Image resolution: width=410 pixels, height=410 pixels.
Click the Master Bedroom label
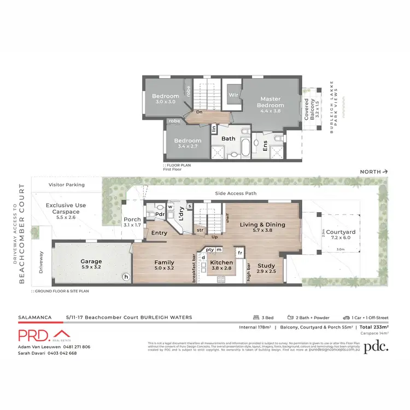pos(272,102)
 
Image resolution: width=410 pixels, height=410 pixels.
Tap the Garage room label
pos(91,262)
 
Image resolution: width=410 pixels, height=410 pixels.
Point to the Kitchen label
pos(221,263)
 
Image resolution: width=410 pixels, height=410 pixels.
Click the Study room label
pos(266,266)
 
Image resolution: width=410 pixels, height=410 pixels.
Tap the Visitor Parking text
pos(67,185)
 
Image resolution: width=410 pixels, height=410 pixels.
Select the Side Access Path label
pos(236,194)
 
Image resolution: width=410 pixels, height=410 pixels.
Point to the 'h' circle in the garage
pos(126,277)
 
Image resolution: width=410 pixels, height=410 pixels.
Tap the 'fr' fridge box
pos(240,253)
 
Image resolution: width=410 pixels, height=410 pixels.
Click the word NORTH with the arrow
pos(374,172)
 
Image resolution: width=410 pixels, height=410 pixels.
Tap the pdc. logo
pos(377,346)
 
